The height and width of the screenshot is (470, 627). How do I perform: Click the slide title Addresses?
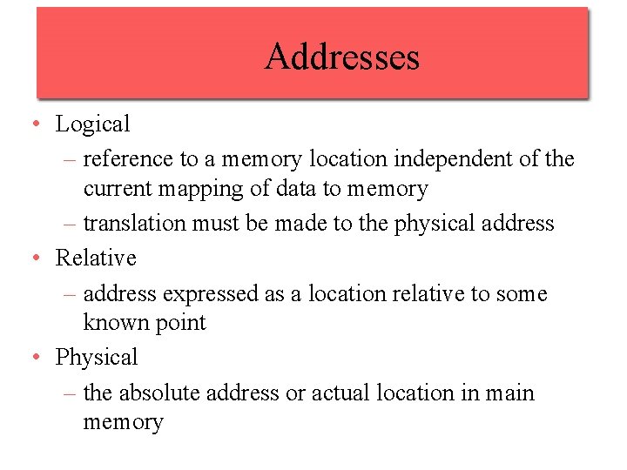(342, 57)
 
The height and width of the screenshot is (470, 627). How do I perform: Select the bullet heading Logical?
(92, 124)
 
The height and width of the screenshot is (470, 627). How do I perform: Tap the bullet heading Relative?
(96, 258)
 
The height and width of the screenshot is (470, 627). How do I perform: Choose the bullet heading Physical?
(97, 357)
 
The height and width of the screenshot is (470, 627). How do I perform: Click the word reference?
(127, 159)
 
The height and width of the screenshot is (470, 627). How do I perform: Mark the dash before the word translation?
(71, 224)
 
